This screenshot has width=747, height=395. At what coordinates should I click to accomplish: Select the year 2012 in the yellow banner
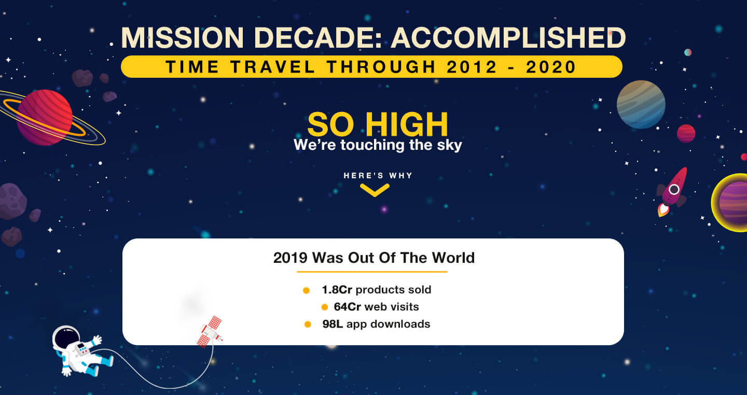pyautogui.click(x=472, y=67)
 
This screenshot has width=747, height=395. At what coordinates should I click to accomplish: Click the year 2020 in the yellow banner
pyautogui.click(x=551, y=67)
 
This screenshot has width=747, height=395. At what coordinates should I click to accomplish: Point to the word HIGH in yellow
pyautogui.click(x=407, y=124)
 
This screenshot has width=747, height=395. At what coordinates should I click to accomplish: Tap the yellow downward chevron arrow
pyautogui.click(x=375, y=190)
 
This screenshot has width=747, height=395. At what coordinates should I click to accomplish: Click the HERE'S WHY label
pyautogui.click(x=378, y=176)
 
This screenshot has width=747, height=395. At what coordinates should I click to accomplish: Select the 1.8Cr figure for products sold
pyautogui.click(x=337, y=290)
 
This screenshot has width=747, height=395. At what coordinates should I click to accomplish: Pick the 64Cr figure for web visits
pyautogui.click(x=347, y=307)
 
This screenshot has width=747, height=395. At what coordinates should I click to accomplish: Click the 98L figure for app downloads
pyautogui.click(x=333, y=324)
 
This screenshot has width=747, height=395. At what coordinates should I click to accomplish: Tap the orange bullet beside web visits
pyautogui.click(x=325, y=307)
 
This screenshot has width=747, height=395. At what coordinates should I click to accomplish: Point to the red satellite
pyautogui.click(x=210, y=332)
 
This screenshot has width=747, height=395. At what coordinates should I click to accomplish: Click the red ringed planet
pyautogui.click(x=45, y=117)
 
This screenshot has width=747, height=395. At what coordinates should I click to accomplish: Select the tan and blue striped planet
pyautogui.click(x=641, y=104)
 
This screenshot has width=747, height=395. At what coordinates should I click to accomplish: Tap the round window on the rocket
pyautogui.click(x=674, y=189)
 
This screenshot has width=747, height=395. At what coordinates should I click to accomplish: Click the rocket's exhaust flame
pyautogui.click(x=663, y=210)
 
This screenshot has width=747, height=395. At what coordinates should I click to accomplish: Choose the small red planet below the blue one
pyautogui.click(x=686, y=133)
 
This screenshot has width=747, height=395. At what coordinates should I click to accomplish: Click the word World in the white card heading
pyautogui.click(x=453, y=258)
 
